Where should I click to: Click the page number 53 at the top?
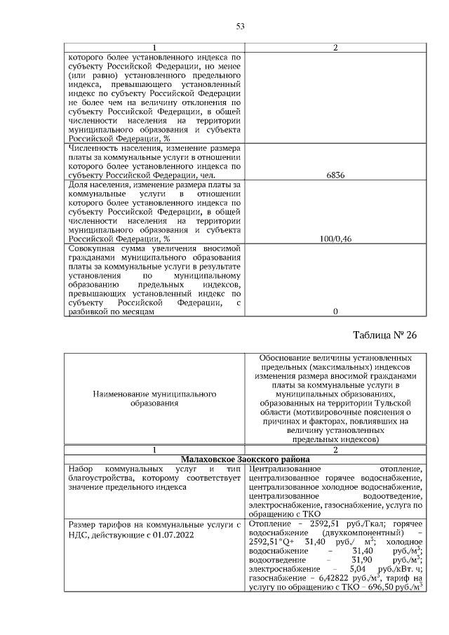[x=239, y=27]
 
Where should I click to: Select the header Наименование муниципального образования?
[x=154, y=399]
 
